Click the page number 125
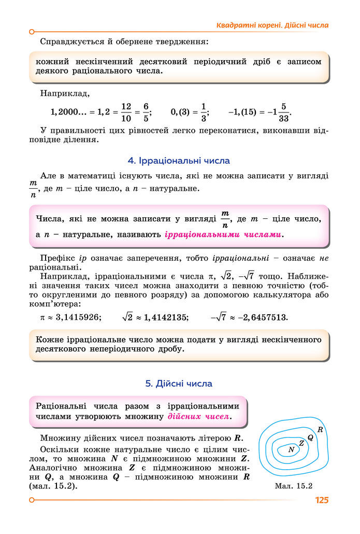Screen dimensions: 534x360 [322, 500]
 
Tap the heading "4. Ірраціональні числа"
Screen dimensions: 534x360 [179, 161]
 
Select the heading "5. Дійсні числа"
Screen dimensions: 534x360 [179, 384]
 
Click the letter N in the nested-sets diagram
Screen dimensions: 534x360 [291, 449]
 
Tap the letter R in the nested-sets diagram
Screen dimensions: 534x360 [320, 429]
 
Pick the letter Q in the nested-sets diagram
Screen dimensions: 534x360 [310, 437]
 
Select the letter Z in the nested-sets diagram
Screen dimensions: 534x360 [301, 443]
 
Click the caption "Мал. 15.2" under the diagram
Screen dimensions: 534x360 [295, 486]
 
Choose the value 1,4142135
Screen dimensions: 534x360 [163, 317]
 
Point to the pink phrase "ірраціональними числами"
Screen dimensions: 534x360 [224, 234]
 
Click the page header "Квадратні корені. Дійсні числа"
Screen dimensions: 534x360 [272, 25]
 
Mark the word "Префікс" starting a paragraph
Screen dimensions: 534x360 [57, 258]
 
